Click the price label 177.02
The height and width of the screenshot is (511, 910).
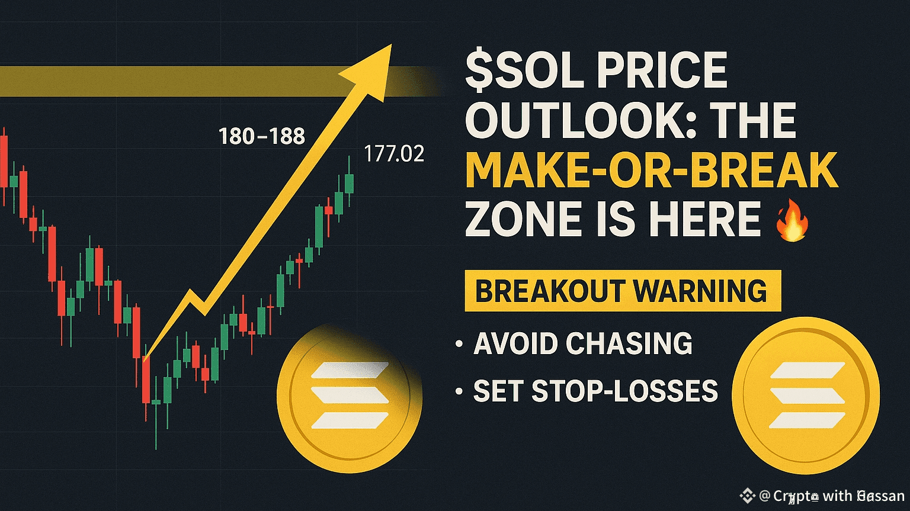394,154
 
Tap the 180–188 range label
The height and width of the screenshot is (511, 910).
262,137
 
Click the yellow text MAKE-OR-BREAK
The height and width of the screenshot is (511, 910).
652,171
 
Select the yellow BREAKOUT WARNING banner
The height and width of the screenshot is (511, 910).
622,291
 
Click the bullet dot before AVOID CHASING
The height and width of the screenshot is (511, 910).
459,343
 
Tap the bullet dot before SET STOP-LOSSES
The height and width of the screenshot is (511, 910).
459,391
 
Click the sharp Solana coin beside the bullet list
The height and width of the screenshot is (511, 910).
806,396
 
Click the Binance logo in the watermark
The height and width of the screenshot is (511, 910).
746,495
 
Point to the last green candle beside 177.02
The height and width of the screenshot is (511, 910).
349,183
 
